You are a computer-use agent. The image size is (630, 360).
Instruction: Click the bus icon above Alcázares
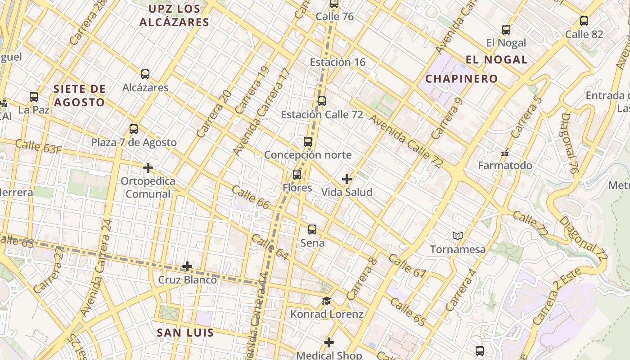tap(145, 74)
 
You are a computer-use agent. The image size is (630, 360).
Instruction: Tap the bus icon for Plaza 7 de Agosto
tap(134, 129)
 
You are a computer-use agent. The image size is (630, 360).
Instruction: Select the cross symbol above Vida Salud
tap(346, 179)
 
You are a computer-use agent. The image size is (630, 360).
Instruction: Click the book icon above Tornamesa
tap(458, 236)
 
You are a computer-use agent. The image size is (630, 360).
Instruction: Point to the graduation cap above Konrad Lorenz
tap(326, 301)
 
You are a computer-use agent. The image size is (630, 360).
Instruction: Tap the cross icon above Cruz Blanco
tap(187, 266)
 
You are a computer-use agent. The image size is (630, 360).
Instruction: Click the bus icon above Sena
tap(312, 229)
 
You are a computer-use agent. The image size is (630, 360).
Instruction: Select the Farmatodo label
tap(505, 166)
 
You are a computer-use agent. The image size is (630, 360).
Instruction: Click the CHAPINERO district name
tap(462, 79)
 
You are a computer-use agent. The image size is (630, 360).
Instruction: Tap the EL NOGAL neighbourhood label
tap(496, 59)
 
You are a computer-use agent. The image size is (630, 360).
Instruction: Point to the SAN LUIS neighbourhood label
tap(185, 333)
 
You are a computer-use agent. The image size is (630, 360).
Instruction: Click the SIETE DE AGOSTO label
tap(80, 95)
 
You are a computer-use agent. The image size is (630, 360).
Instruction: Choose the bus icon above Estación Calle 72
tap(322, 101)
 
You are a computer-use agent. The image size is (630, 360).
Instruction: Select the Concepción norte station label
tap(308, 155)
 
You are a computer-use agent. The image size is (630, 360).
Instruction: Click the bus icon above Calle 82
tap(584, 21)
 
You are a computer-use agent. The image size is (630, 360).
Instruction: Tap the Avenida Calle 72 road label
tap(406, 141)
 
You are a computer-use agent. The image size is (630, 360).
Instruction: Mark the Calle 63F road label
tap(38, 147)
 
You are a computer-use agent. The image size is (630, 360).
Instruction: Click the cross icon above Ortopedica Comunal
tap(148, 168)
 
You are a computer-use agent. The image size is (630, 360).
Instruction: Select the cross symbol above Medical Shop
tap(329, 342)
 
